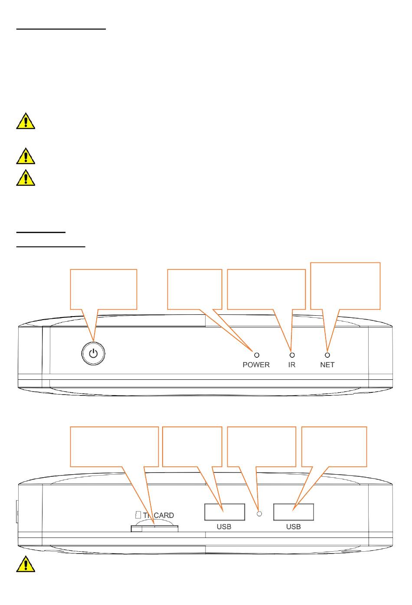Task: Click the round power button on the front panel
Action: coord(93,353)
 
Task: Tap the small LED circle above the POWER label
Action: coord(256,355)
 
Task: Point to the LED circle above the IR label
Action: coord(292,355)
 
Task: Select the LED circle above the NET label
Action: coord(327,355)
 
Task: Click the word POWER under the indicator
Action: coord(256,365)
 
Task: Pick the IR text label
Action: coord(292,365)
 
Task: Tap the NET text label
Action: coord(327,365)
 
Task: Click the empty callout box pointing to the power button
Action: coord(104,289)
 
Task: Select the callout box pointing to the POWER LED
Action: coord(194,289)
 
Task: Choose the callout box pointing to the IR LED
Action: coord(266,289)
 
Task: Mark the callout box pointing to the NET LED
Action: coord(346,285)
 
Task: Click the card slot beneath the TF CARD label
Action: coord(154,528)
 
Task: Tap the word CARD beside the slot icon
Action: coord(164,515)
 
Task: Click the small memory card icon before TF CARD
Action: coord(138,515)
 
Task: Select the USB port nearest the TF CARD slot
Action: coord(225,512)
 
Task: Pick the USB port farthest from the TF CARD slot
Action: coord(294,512)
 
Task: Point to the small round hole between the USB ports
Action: coord(260,514)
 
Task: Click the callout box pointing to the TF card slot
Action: coord(114,446)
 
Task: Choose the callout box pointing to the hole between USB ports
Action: coord(262,446)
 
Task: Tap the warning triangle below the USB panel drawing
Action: coord(26,563)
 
